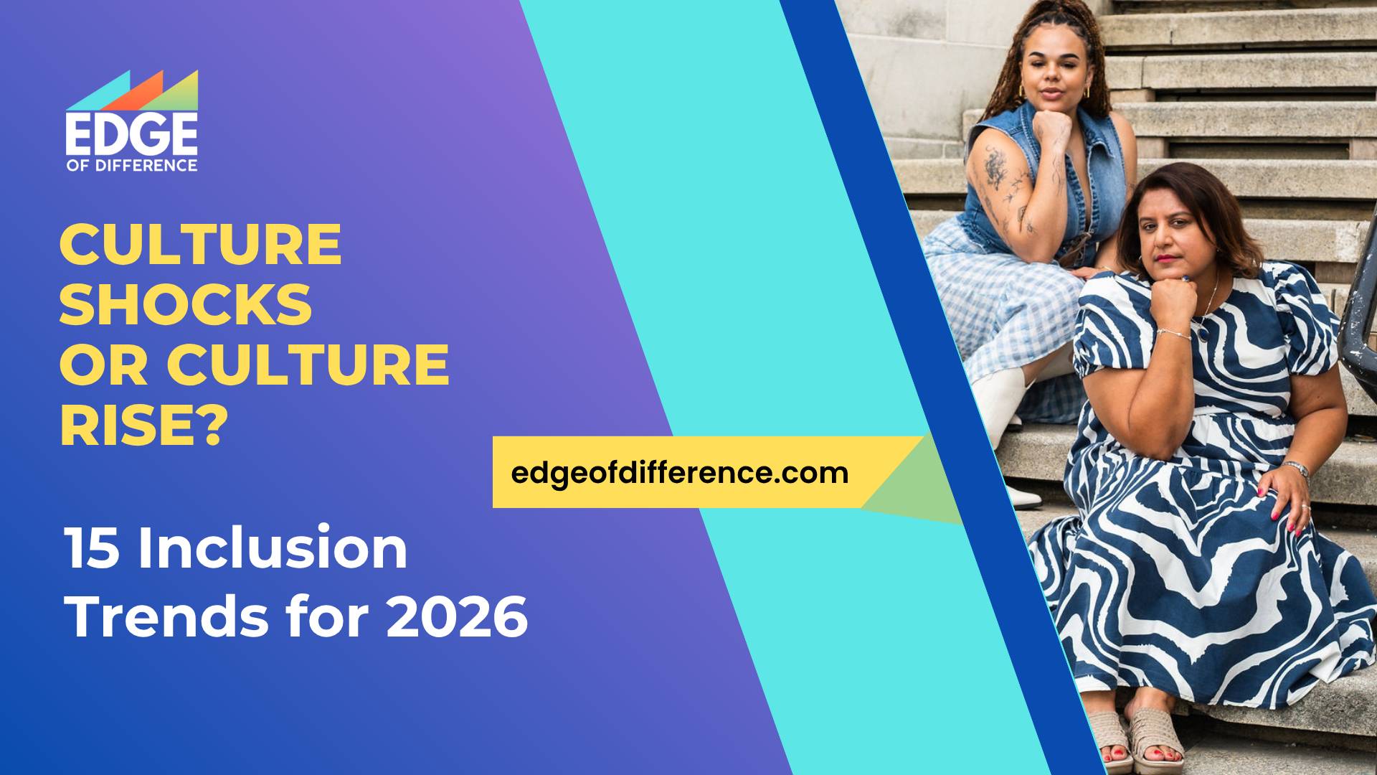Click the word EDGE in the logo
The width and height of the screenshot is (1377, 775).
[x=131, y=134]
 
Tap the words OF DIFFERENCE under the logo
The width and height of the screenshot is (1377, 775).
[x=131, y=165]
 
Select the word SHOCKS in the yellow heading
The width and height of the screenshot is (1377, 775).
[x=185, y=304]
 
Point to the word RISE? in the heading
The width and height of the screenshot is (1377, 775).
[x=143, y=425]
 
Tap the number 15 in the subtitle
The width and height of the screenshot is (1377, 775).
[x=92, y=548]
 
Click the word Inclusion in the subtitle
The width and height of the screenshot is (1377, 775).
[x=273, y=548]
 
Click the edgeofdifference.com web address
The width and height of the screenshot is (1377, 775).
[x=679, y=473]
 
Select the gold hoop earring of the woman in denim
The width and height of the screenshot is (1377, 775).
[x=1021, y=92]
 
